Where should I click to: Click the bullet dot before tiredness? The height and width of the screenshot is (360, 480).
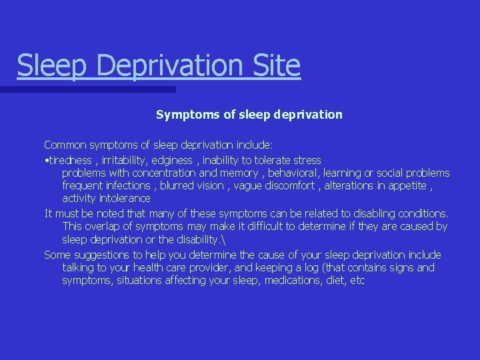click(46, 161)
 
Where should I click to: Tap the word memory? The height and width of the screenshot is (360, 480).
click(242, 173)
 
